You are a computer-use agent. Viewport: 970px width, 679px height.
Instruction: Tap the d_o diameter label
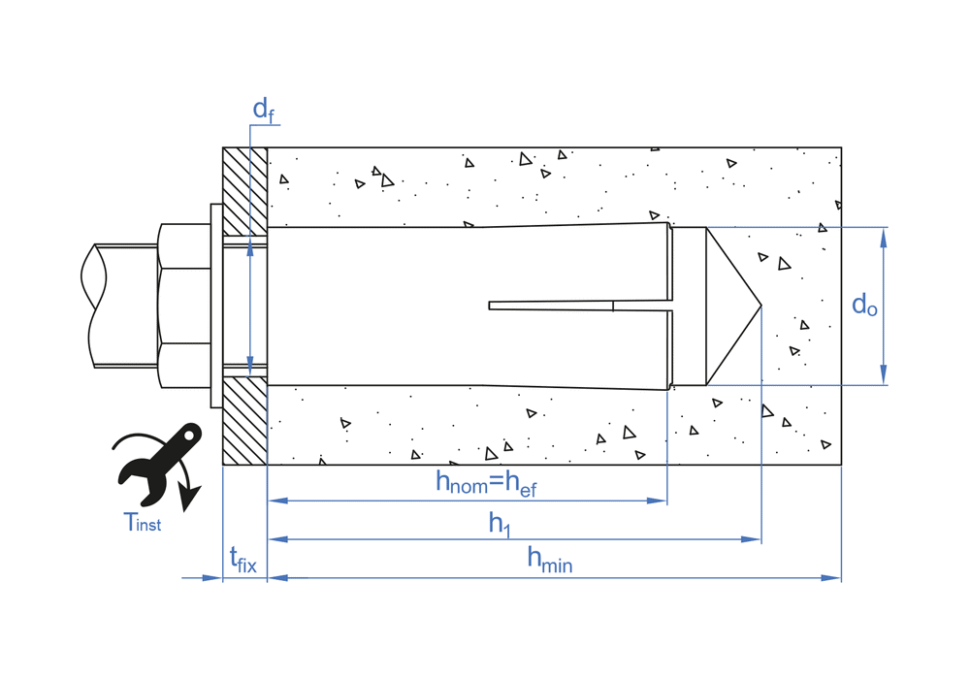pyautogui.click(x=864, y=306)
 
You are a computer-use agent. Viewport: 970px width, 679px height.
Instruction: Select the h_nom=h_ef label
pyautogui.click(x=485, y=483)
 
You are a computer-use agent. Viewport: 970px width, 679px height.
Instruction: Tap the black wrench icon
pyautogui.click(x=158, y=463)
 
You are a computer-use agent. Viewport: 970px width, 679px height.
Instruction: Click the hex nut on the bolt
pyautogui.click(x=183, y=306)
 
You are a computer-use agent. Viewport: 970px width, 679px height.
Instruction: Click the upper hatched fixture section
pyautogui.click(x=244, y=189)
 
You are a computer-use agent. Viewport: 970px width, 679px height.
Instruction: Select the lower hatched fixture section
pyautogui.click(x=244, y=421)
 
